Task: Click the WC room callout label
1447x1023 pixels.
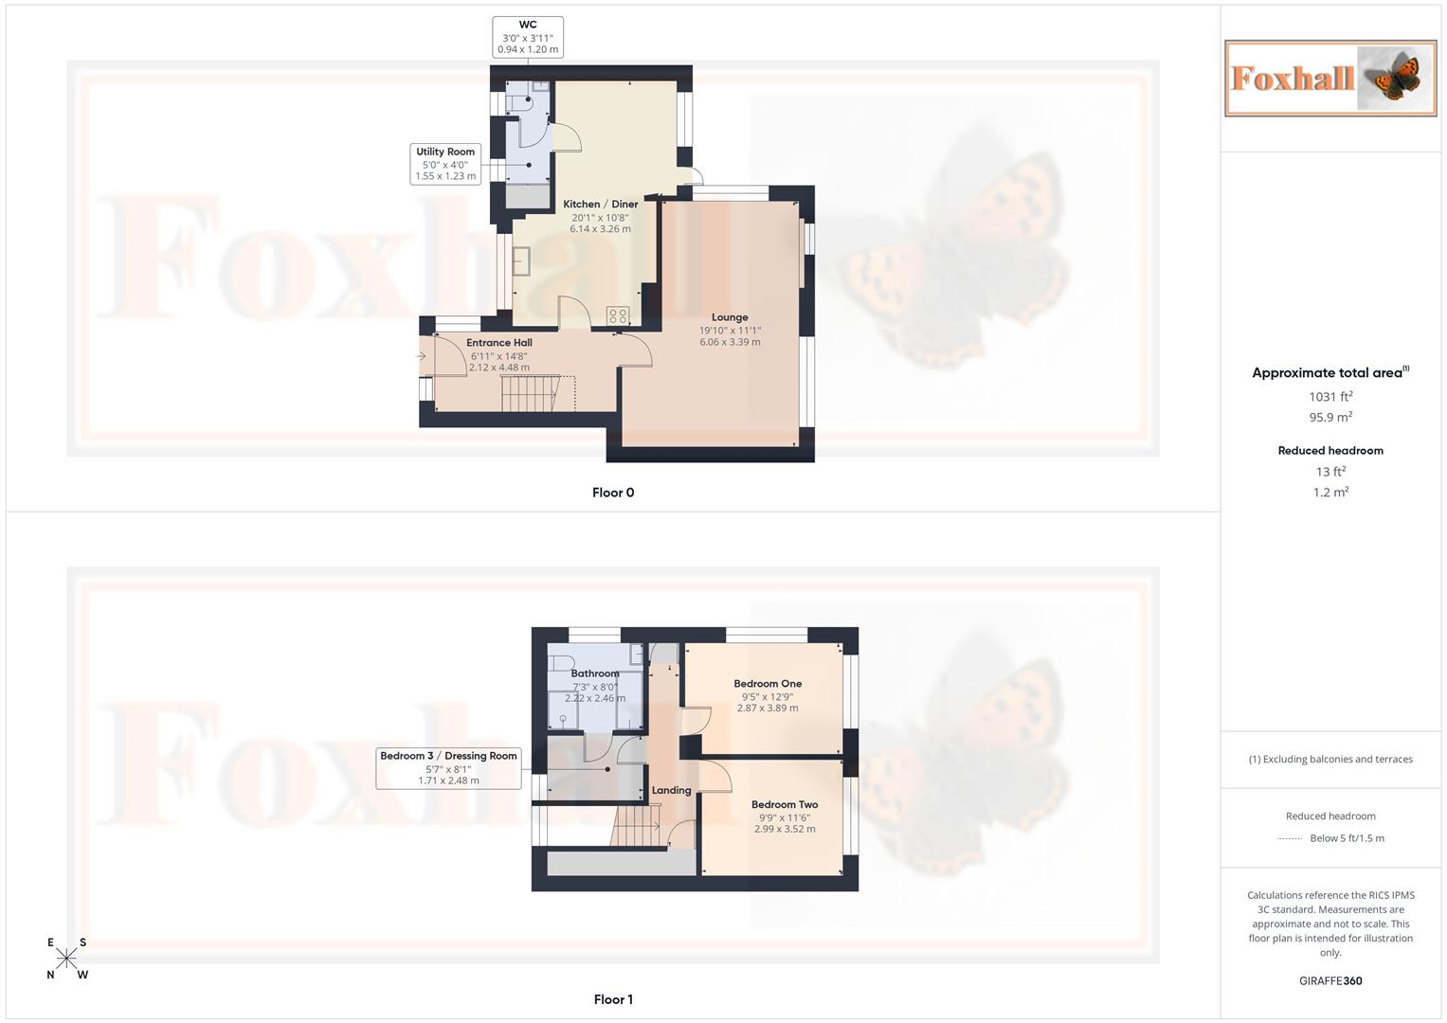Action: pos(528,37)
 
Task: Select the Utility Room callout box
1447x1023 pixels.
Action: pos(445,164)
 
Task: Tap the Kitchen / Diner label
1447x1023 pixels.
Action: pos(600,204)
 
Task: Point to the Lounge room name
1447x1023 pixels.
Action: pos(730,317)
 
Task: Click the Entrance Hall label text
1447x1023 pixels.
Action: pos(499,343)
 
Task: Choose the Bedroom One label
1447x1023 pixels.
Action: pos(768,683)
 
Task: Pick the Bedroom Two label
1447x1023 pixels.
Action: pos(785,804)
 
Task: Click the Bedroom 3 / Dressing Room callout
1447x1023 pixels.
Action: pos(448,767)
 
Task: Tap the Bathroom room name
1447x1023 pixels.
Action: pos(595,673)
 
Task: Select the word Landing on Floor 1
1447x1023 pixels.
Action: pos(671,790)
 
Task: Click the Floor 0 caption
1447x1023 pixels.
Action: pos(613,493)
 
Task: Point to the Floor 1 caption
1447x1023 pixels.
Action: pos(613,999)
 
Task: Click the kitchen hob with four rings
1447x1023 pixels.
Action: pos(618,315)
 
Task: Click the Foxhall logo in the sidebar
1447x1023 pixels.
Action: pos(1330,78)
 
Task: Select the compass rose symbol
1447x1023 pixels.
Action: pos(66,959)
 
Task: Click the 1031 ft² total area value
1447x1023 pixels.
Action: pos(1330,397)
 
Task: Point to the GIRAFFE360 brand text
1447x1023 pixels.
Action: pos(1330,981)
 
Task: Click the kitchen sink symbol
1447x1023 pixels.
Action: pos(521,260)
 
